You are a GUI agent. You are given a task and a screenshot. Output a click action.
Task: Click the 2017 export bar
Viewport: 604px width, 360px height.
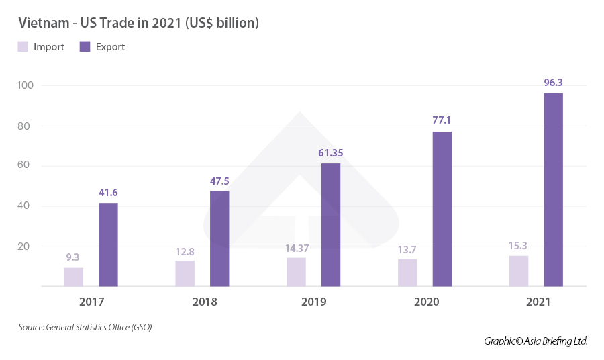pyautogui.click(x=108, y=244)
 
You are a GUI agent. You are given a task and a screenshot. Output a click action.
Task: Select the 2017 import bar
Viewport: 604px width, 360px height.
pyautogui.click(x=74, y=277)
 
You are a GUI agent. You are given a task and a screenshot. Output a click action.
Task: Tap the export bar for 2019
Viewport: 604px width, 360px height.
pyautogui.click(x=331, y=225)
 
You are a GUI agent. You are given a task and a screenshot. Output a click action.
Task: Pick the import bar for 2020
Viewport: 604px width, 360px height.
pyautogui.click(x=407, y=273)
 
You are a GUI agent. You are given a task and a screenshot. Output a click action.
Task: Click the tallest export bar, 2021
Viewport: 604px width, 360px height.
pyautogui.click(x=553, y=189)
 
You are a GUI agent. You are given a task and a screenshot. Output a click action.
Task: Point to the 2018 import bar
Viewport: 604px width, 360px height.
pyautogui.click(x=185, y=273)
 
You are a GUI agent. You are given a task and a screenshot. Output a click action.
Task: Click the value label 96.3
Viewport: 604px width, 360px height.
pyautogui.click(x=553, y=83)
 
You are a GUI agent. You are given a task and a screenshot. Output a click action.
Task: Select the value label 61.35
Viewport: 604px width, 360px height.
pyautogui.click(x=331, y=153)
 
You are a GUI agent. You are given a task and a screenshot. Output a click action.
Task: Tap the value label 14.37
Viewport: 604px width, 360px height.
pyautogui.click(x=296, y=248)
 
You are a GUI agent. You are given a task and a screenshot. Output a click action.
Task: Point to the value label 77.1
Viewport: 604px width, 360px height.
pyautogui.click(x=442, y=121)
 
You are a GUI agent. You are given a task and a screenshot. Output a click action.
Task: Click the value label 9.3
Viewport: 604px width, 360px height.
pyautogui.click(x=74, y=257)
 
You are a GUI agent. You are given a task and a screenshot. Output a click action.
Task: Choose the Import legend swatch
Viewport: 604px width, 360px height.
pyautogui.click(x=23, y=47)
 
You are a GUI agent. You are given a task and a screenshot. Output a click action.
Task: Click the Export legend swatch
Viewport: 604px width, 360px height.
pyautogui.click(x=85, y=47)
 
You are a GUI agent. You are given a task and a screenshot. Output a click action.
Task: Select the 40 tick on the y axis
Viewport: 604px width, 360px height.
pyautogui.click(x=28, y=206)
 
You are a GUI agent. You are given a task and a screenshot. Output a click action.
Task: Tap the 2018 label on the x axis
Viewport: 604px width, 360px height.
pyautogui.click(x=204, y=302)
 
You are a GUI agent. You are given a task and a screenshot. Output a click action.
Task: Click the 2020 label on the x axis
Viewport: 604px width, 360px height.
pyautogui.click(x=427, y=302)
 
